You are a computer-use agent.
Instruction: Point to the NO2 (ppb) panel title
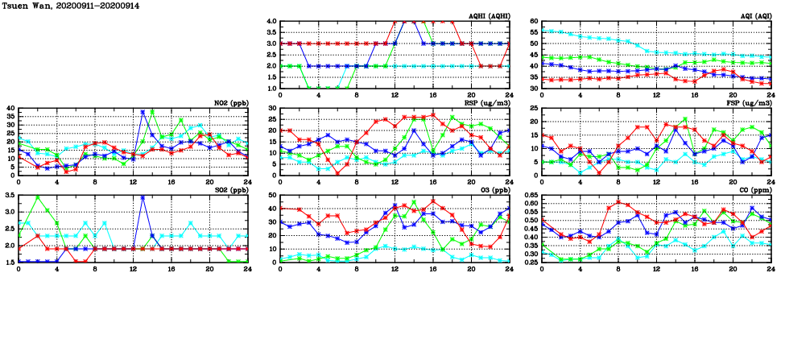(232, 102)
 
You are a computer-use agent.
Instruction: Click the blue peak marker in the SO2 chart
(143, 197)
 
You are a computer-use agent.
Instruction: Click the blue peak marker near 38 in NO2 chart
(143, 112)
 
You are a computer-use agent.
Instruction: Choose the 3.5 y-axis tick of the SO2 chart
(9, 196)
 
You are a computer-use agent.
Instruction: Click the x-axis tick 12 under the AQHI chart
(395, 93)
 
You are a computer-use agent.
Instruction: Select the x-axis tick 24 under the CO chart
(771, 267)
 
